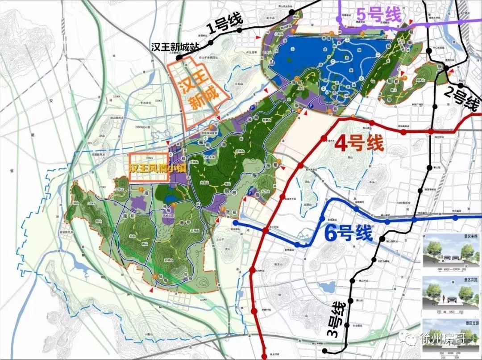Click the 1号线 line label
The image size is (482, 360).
225,25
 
